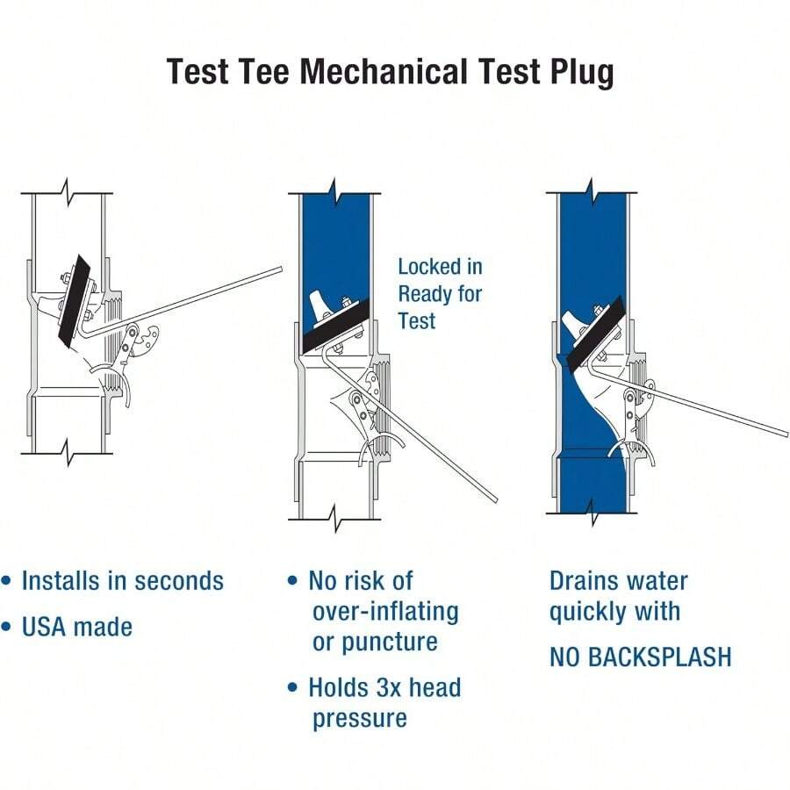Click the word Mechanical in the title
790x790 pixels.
pos(390,71)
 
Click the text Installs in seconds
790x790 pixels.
pos(122,581)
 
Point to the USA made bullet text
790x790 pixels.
pos(77,627)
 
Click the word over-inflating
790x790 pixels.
pos(385,611)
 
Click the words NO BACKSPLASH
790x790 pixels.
pos(640,657)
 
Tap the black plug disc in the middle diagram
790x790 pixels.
pos(339,330)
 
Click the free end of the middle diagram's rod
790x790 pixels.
pos(495,500)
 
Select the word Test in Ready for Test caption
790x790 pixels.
pos(416,320)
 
